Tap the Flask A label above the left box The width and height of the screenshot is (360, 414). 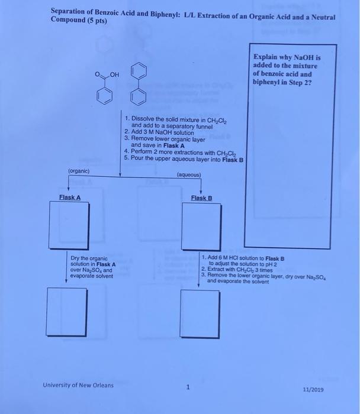pyautogui.click(x=69, y=198)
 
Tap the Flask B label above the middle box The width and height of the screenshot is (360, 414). pyautogui.click(x=201, y=198)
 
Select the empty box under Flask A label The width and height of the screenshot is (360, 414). pyautogui.click(x=69, y=227)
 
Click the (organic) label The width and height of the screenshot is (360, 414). pyautogui.click(x=79, y=171)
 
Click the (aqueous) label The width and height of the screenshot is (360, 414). pyautogui.click(x=189, y=175)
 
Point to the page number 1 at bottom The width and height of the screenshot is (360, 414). pyautogui.click(x=188, y=388)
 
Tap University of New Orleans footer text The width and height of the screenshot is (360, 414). pyautogui.click(x=78, y=385)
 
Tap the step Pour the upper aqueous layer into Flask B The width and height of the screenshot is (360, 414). pyautogui.click(x=184, y=160)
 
